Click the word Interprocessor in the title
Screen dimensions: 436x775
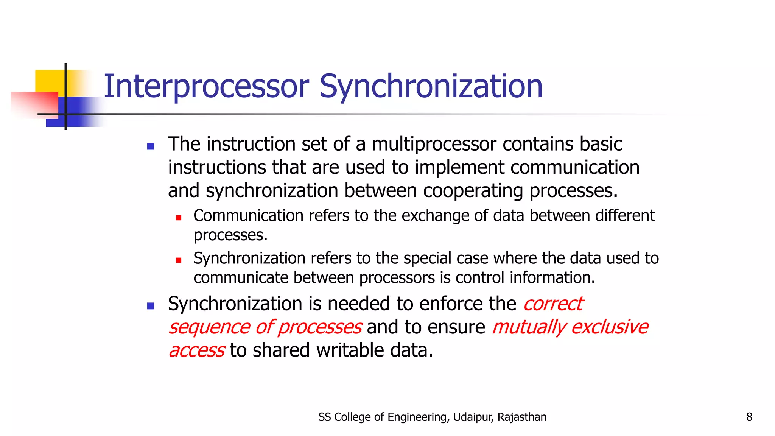click(x=206, y=87)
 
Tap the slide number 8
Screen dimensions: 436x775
click(x=749, y=417)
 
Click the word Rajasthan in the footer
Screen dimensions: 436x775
click(x=522, y=417)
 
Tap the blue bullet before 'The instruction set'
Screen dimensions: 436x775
click(x=151, y=146)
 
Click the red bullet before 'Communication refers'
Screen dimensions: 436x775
click(x=179, y=218)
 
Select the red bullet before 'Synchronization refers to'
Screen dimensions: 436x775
click(x=179, y=260)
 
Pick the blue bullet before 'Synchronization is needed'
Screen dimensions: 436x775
click(x=151, y=306)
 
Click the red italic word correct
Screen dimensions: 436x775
click(x=553, y=304)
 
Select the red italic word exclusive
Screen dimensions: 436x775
click(x=610, y=327)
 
